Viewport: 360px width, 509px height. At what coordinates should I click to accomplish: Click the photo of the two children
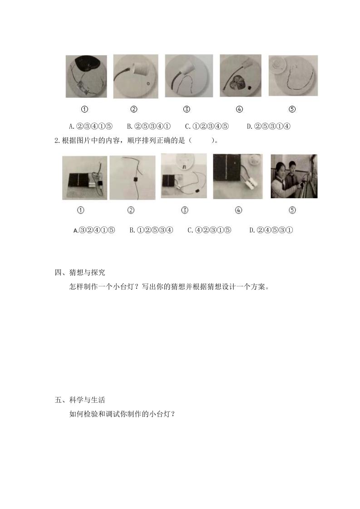coord(294,176)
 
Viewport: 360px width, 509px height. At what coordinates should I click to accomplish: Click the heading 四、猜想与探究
coord(80,272)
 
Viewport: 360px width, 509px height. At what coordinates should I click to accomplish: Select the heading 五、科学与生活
coord(80,400)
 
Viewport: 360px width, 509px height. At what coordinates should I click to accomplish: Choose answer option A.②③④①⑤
coord(91,126)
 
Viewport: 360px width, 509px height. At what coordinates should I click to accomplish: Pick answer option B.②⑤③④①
coord(149,126)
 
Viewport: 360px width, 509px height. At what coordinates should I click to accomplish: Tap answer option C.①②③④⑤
coord(207,126)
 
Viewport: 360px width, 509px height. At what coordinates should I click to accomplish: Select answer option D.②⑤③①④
coord(269,126)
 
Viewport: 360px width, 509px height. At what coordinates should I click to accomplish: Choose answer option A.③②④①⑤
coord(94,230)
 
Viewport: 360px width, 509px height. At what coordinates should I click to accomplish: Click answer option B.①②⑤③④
coord(152,230)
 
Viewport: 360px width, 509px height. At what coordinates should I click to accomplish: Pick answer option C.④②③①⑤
coord(210,230)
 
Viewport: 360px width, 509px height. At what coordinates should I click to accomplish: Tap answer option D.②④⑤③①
coord(271,230)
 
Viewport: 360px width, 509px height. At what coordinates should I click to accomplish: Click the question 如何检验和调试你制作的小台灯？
coord(123,414)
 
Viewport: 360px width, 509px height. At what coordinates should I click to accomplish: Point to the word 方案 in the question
coord(258,287)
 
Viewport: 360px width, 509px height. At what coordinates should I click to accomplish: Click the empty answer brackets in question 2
coord(202,141)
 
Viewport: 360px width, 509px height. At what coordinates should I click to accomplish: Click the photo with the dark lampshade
coord(86,76)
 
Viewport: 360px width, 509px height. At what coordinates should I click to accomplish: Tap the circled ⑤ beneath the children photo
coord(292,210)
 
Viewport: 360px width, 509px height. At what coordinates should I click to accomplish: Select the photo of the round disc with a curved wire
coord(293,76)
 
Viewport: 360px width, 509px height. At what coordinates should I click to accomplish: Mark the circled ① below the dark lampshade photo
coord(84,109)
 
